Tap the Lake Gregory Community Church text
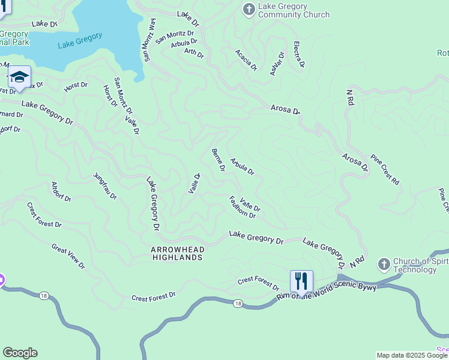pyautogui.click(x=294, y=10)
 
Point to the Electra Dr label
pyautogui.click(x=298, y=55)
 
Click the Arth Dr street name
pyautogui.click(x=194, y=53)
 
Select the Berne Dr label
pyautogui.click(x=218, y=160)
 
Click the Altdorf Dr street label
pyautogui.click(x=61, y=191)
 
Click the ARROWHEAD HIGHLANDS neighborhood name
pyautogui.click(x=177, y=253)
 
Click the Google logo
pyautogui.click(x=20, y=353)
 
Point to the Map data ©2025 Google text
pyautogui.click(x=412, y=355)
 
